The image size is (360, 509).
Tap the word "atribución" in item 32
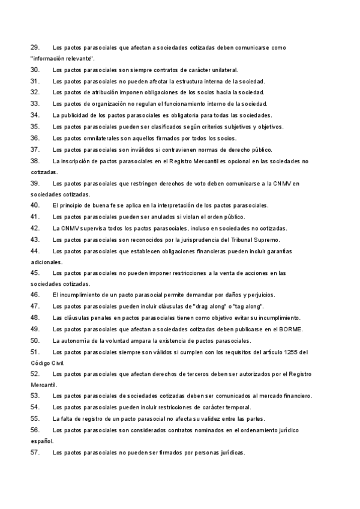coord(96,92)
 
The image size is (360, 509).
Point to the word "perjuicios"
coord(260,295)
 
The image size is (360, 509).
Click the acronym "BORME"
coord(290,329)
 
